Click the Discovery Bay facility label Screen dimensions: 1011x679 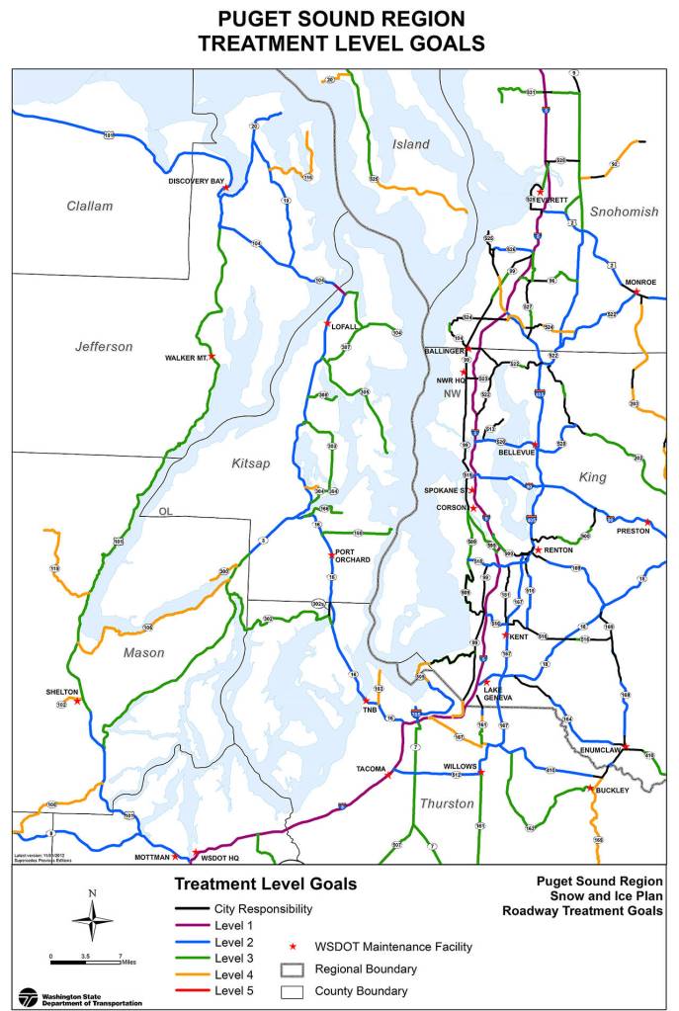196,181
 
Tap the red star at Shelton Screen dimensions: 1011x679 78,701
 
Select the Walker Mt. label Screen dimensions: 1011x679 186,358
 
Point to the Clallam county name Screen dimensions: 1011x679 90,206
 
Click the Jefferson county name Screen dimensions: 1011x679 104,346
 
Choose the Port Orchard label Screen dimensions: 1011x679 352,555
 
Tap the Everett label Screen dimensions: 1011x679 553,200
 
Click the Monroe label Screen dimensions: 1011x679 640,282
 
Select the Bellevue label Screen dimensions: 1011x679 516,452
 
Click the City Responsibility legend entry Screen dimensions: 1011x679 262,908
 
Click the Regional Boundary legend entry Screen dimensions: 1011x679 365,969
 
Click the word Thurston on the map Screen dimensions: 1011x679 447,803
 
